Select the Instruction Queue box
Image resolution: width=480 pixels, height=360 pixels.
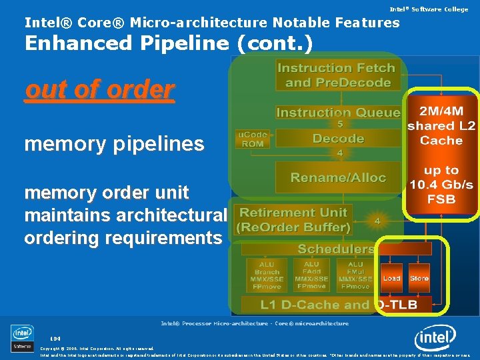click(338, 113)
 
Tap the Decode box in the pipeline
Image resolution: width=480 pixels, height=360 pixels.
click(338, 139)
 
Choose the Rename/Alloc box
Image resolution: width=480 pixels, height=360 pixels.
click(338, 177)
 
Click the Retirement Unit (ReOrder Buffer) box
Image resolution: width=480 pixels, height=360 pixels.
click(295, 220)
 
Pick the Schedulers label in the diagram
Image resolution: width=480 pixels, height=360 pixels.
click(336, 249)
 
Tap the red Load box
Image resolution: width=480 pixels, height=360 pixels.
click(391, 278)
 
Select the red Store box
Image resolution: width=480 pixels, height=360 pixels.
click(419, 278)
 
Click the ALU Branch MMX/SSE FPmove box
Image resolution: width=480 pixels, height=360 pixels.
click(267, 275)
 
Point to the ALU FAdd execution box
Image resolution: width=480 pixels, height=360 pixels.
click(311, 275)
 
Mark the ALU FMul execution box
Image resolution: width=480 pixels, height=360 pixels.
click(355, 275)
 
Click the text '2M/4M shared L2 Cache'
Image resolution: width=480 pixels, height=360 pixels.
click(441, 125)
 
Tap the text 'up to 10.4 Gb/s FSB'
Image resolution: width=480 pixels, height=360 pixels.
click(441, 184)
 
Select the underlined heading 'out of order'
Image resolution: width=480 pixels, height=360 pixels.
click(99, 89)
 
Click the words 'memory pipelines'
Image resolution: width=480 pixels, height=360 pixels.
click(114, 144)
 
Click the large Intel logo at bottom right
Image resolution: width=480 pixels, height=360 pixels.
click(435, 338)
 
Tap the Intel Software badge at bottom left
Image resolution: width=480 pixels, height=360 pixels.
click(22, 338)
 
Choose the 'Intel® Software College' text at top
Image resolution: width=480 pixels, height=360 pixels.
click(429, 9)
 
